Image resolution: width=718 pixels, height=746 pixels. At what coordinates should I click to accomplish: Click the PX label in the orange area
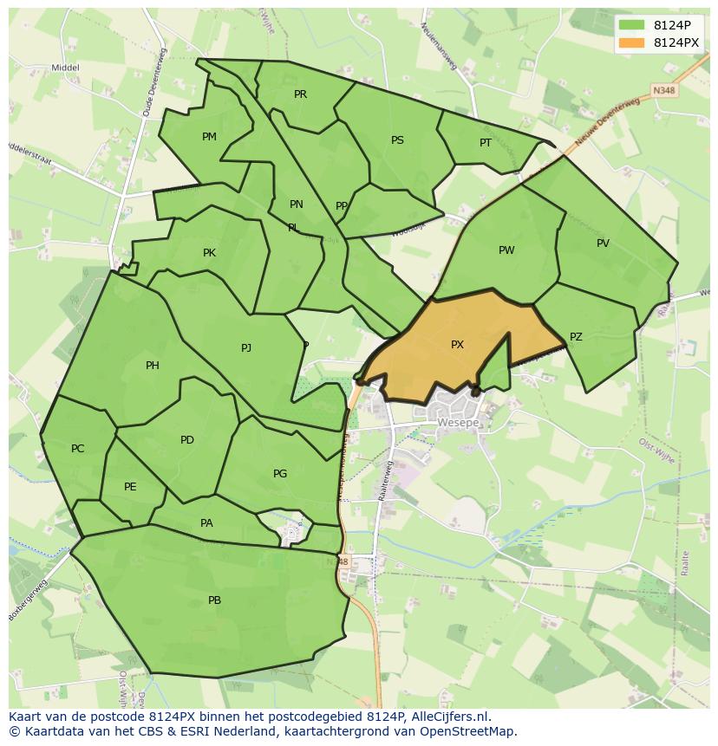point(457,345)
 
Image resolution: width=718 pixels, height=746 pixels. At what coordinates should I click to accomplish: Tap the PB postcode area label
point(214,600)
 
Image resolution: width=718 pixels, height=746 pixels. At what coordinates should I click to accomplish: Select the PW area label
point(506,250)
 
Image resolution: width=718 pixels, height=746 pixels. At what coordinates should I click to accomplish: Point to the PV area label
point(603,243)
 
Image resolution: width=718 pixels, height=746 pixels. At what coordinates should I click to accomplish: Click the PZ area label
point(576,337)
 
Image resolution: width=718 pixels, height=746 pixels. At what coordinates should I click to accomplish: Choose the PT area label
point(486,143)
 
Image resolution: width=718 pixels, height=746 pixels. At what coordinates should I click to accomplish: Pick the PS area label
point(397,140)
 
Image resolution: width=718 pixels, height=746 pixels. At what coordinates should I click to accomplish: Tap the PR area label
point(300,94)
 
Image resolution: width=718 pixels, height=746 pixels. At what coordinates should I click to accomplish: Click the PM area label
point(209,137)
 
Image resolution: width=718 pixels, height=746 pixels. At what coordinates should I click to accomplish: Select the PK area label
point(209,253)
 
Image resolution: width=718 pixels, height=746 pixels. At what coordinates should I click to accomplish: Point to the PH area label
point(153,366)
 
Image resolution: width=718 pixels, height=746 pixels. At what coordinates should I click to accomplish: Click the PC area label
point(78,449)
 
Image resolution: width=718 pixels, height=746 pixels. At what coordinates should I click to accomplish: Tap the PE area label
point(130,487)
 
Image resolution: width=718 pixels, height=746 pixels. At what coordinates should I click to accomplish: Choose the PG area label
point(280,474)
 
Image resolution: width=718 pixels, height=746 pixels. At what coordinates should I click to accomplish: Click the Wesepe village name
point(458,424)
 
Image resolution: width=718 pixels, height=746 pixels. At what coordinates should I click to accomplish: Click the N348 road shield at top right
point(663,90)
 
